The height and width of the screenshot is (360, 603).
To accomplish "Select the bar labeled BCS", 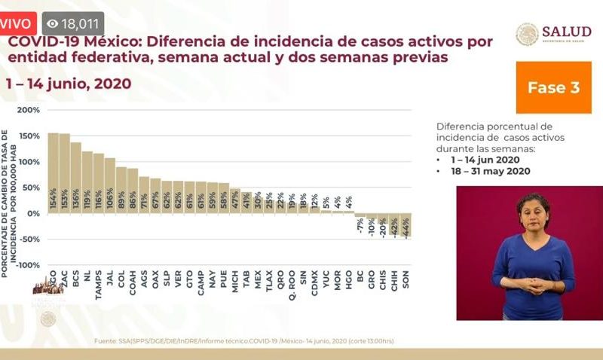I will click(x=76, y=178).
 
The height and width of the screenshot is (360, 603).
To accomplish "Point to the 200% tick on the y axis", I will click(x=29, y=111).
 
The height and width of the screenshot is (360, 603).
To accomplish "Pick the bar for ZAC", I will click(x=65, y=173).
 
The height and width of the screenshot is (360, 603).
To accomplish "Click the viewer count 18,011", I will click(x=80, y=24).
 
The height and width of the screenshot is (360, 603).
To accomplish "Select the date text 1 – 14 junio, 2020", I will click(x=69, y=83).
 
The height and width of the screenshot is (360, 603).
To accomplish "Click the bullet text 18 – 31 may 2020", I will click(x=487, y=171).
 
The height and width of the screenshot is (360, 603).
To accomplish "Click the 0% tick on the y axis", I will click(x=32, y=214).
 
